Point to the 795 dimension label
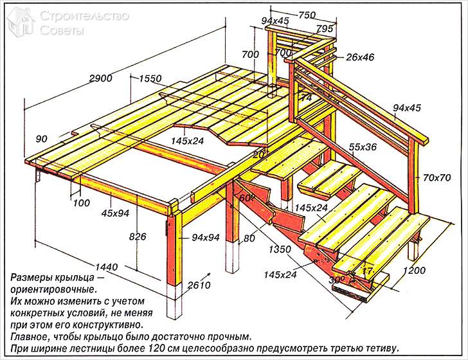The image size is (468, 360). coord(324,28)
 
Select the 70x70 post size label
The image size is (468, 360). coord(437,176)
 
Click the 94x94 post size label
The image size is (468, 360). coord(206,238)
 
